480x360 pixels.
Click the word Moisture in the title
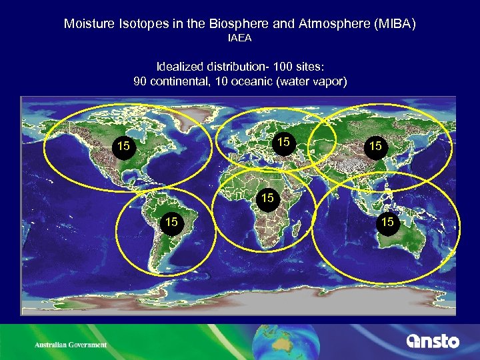pyautogui.click(x=87, y=24)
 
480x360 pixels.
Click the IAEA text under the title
pyautogui.click(x=240, y=38)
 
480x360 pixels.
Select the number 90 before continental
pyautogui.click(x=141, y=81)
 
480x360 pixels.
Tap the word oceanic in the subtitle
pyautogui.click(x=252, y=81)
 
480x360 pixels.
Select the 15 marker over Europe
pyautogui.click(x=283, y=142)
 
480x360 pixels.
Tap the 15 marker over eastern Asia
pyautogui.click(x=375, y=145)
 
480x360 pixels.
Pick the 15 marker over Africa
pyautogui.click(x=267, y=198)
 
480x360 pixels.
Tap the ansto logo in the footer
pyautogui.click(x=433, y=341)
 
